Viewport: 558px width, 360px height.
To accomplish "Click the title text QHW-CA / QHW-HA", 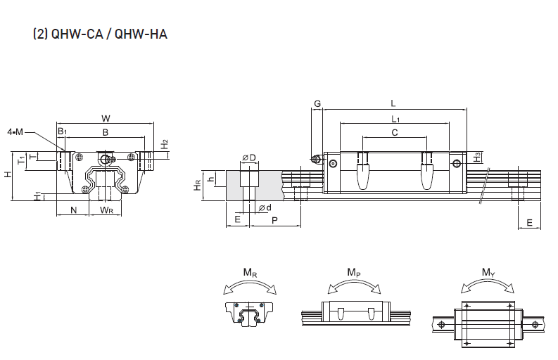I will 100,33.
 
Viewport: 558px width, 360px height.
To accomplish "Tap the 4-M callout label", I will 15,131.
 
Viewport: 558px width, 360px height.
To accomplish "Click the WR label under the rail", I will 106,210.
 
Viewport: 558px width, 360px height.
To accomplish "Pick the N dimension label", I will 73,210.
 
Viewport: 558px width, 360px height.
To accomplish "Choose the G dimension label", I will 317,103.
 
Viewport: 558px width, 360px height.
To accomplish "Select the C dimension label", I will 395,131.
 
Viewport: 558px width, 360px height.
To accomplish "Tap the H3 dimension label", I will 477,157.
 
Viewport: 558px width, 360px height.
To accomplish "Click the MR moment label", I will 249,272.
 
